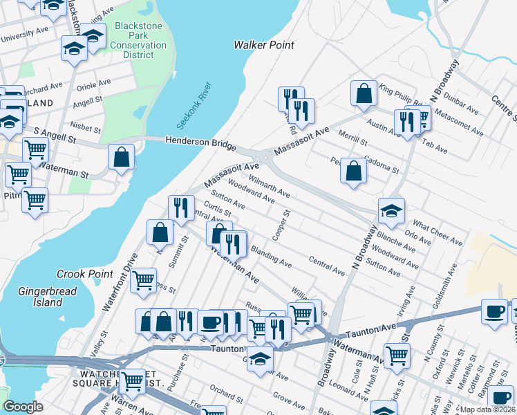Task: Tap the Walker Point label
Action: coord(263,45)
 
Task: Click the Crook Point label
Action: coord(85,274)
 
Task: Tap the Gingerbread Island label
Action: coord(41,297)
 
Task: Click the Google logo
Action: coord(23,406)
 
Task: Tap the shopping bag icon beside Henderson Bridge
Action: coord(121,157)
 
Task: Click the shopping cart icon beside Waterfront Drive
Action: coord(143,280)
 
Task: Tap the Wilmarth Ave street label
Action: coord(269,185)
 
